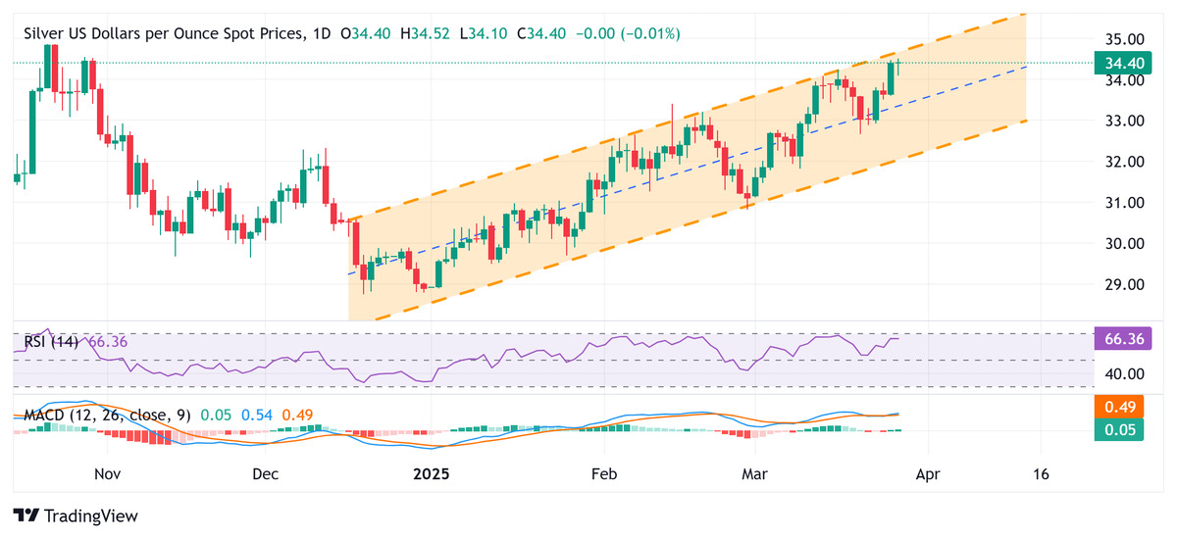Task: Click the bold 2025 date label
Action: click(x=431, y=474)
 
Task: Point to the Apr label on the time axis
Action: click(x=927, y=474)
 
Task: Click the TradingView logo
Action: click(x=76, y=515)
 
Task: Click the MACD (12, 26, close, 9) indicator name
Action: click(x=104, y=416)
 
